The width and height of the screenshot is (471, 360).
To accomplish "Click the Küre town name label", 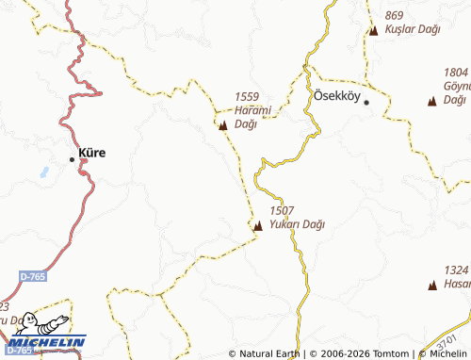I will coord(92,153).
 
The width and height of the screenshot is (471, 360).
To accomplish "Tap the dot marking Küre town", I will coord(72,159).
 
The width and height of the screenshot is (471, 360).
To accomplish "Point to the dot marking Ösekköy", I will coord(367,102).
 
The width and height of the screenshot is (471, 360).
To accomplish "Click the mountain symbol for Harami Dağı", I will coord(223,124).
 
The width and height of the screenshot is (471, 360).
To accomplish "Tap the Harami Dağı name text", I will coord(252,117).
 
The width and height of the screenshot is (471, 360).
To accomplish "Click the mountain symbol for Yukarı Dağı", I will coord(258,225).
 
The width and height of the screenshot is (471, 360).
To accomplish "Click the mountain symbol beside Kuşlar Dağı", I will coord(373,30).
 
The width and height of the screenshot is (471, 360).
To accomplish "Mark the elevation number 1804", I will coord(456,72).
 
